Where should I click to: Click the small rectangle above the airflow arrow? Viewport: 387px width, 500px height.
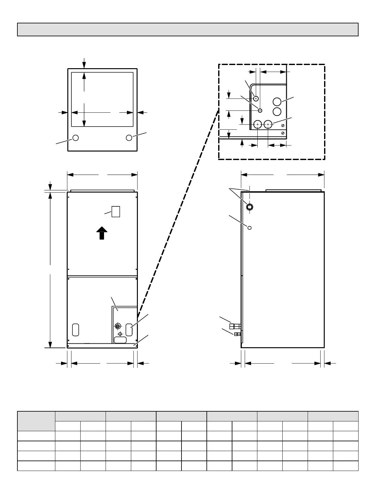pos(116,211)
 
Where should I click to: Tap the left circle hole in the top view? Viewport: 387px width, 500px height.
pos(76,138)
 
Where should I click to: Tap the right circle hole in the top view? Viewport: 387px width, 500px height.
pos(129,138)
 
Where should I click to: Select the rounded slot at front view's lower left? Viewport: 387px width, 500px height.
pos(75,330)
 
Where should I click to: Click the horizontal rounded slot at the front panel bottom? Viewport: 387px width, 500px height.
pos(120,340)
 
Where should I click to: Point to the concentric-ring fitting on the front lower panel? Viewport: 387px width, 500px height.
pos(118,326)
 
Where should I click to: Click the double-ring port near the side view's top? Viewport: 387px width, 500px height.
pos(249,207)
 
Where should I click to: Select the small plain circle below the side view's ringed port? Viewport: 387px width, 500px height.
pos(249,228)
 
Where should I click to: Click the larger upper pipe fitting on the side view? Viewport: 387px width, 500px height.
pos(235,326)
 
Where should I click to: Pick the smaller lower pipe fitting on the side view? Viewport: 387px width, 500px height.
pos(237,334)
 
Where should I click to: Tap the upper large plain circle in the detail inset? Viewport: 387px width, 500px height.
pos(277,102)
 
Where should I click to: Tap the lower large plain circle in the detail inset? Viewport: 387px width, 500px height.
pos(277,111)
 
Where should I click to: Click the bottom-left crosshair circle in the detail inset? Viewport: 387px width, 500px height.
pos(258,125)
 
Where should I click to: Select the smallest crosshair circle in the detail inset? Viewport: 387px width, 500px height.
pos(260,110)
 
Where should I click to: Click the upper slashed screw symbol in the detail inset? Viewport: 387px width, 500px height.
pos(283,126)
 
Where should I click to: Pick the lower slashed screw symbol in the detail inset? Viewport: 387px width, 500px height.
pos(283,133)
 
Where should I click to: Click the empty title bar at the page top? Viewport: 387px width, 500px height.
pos(187,30)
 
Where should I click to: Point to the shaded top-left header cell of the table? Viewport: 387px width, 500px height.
pos(36,421)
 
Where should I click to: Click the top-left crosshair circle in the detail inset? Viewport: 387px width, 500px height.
pos(256,98)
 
